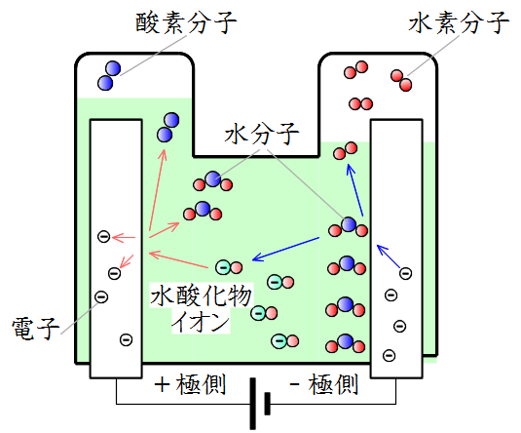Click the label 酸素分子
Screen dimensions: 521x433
186,22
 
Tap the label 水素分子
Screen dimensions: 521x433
459,22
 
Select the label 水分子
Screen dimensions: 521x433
262,134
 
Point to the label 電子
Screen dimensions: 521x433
36,328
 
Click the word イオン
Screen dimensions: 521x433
201,321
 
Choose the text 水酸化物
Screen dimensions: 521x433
201,295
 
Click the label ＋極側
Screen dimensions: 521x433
191,384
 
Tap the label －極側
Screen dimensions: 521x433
324,384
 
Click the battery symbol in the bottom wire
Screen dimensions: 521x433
260,404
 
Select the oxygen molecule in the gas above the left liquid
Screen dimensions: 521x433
109,75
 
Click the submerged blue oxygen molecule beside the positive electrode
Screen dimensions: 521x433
168,128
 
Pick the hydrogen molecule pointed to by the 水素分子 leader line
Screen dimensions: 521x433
401,80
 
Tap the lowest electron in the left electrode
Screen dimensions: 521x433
126,339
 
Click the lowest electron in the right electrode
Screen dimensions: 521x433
390,355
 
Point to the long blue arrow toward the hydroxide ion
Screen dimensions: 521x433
285,249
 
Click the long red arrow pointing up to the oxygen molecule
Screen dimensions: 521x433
158,190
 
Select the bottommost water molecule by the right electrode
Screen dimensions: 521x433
346,343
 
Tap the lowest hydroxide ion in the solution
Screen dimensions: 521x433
284,340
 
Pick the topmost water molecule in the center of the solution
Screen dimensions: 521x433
212,181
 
